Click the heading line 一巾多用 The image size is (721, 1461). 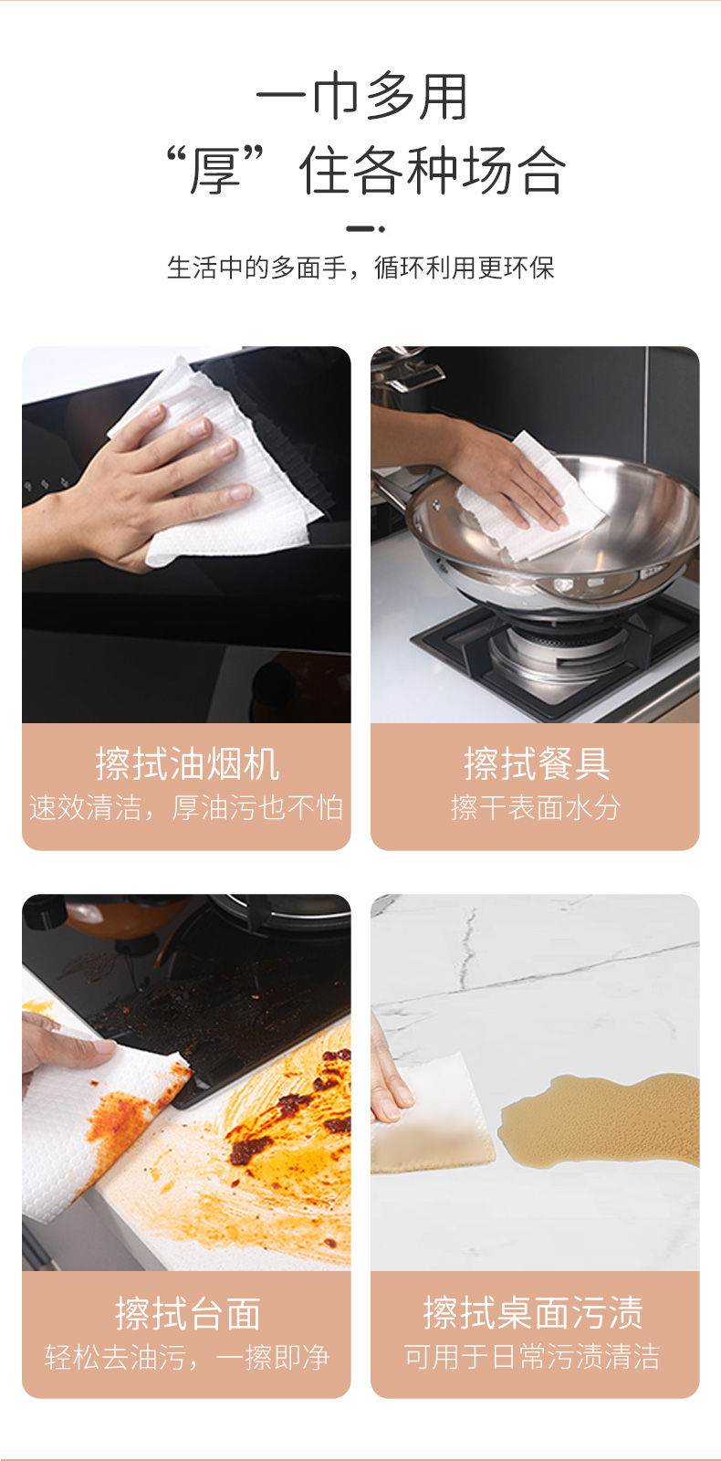(x=361, y=97)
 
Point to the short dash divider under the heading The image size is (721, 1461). (x=365, y=229)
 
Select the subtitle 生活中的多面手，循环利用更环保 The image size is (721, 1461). (x=360, y=268)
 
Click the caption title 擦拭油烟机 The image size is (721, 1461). (x=187, y=763)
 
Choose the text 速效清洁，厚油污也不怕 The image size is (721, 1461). (x=186, y=807)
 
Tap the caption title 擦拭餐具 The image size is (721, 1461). (x=536, y=763)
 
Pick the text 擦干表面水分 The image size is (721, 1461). (x=535, y=807)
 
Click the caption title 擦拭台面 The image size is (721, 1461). (x=188, y=1313)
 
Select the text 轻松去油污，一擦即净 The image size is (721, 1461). (x=186, y=1357)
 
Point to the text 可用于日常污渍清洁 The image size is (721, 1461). (x=532, y=1357)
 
